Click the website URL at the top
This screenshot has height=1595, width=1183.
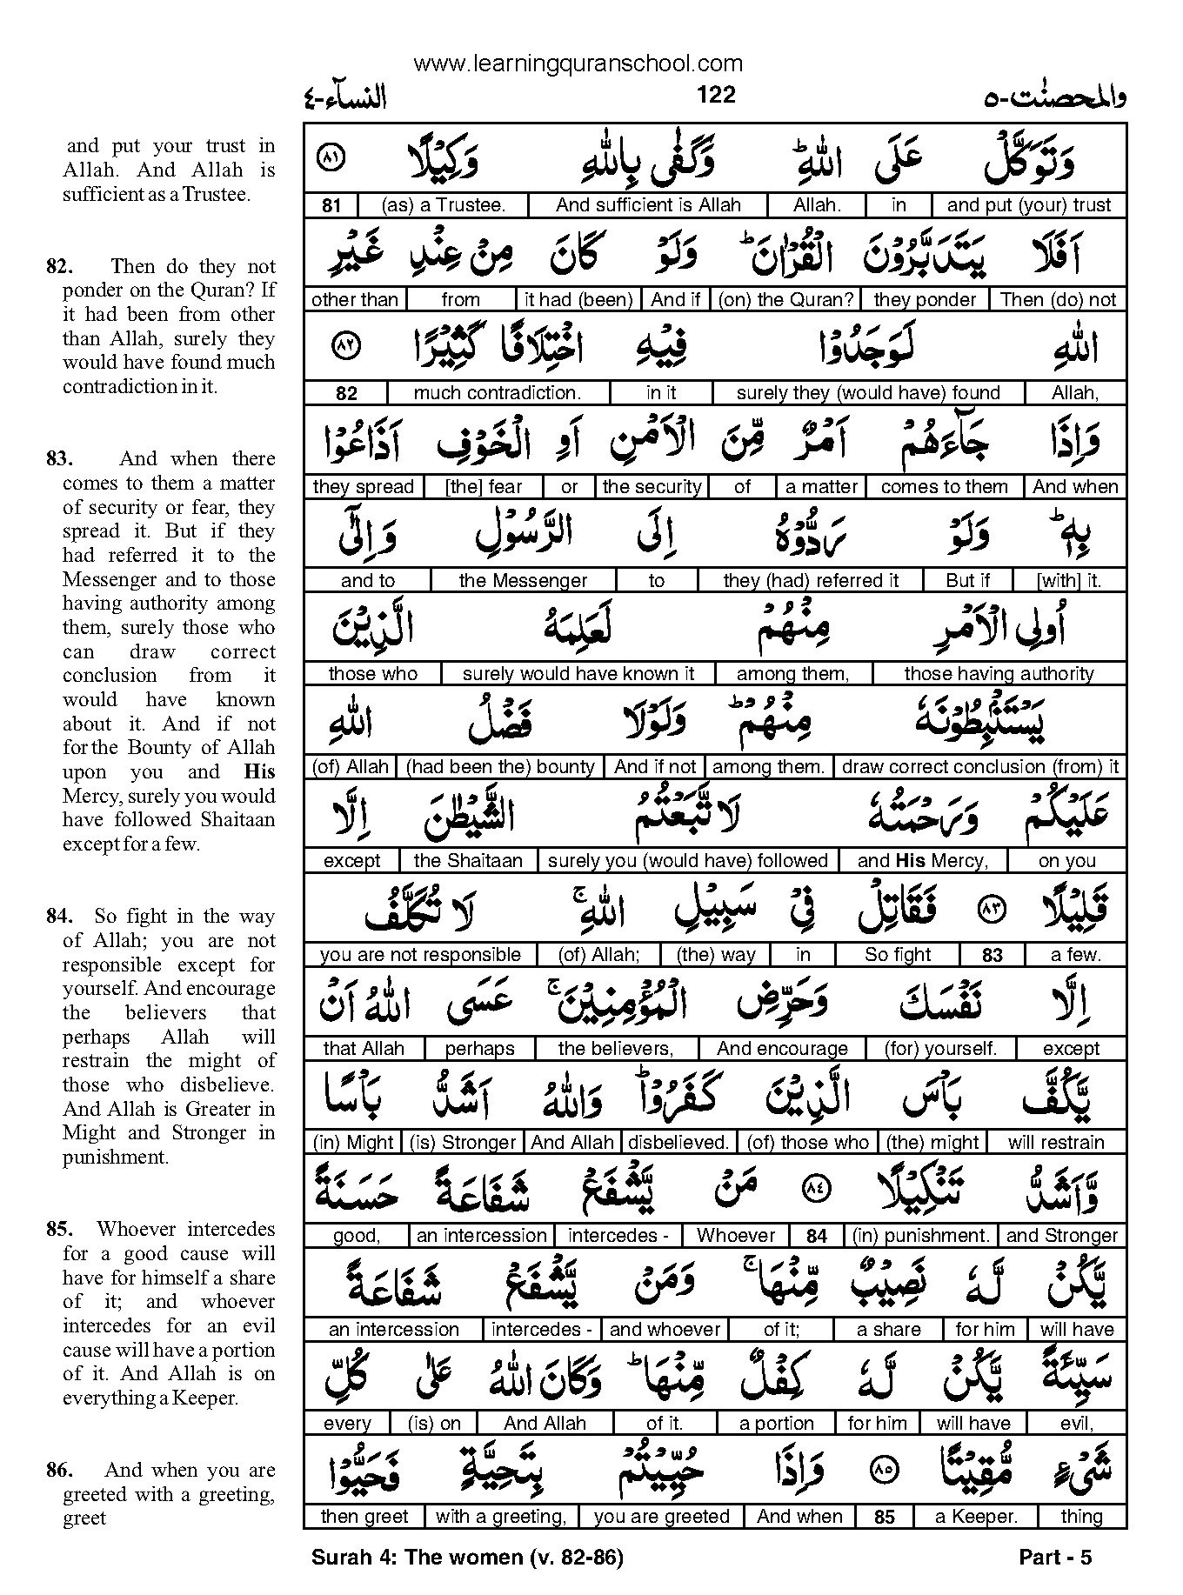click(578, 63)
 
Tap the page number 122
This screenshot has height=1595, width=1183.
click(716, 94)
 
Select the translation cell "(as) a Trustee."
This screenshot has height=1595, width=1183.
click(442, 205)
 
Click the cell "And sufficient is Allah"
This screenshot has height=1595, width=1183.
click(648, 205)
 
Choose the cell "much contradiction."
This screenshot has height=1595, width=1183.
click(498, 393)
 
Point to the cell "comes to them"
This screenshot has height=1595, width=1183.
click(944, 487)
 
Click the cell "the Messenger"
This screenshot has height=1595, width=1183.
click(523, 581)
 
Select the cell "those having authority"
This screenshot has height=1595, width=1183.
click(999, 674)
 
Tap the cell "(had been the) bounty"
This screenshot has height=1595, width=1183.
click(500, 767)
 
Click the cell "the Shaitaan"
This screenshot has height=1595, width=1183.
click(468, 861)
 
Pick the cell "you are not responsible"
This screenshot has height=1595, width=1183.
click(420, 955)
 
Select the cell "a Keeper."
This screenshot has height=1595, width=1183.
click(975, 1517)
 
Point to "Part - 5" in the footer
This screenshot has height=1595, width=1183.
click(1054, 1558)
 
